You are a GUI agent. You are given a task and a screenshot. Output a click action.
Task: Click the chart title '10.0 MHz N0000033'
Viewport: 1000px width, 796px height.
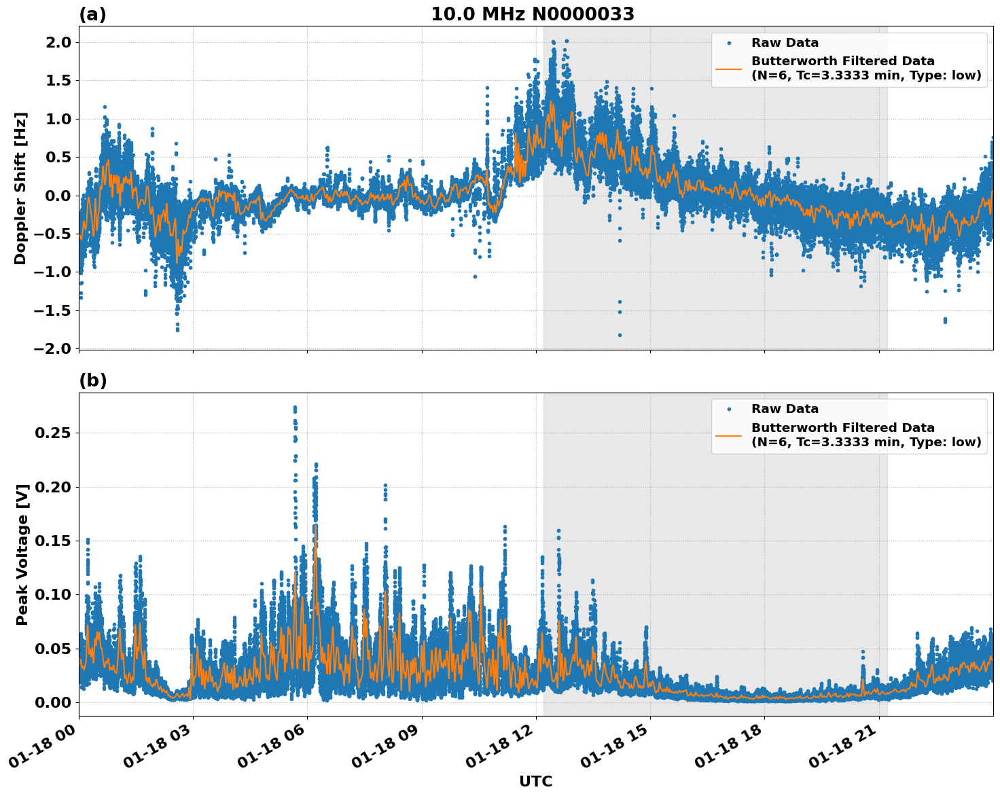[533, 14]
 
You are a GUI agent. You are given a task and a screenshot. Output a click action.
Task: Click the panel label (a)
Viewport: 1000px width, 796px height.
[92, 14]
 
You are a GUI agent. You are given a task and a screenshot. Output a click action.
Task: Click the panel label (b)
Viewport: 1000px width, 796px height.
[92, 380]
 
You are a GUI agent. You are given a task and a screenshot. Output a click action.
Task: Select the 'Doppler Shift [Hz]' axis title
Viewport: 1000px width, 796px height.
[20, 188]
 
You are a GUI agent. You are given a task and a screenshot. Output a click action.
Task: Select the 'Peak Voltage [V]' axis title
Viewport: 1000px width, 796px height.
[22, 554]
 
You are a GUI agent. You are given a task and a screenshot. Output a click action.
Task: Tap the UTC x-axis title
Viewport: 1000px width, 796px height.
[535, 781]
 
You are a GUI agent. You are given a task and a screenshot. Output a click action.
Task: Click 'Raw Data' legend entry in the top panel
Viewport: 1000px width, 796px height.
[785, 43]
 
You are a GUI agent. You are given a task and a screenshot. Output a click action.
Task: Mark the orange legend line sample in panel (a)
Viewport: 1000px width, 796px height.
[729, 68]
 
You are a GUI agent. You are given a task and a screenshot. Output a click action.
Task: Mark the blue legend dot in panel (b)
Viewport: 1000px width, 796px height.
[729, 409]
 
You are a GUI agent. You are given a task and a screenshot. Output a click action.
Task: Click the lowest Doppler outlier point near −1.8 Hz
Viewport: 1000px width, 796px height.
[620, 335]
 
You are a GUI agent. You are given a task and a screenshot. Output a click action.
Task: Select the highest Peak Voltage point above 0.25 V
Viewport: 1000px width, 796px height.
[295, 408]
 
